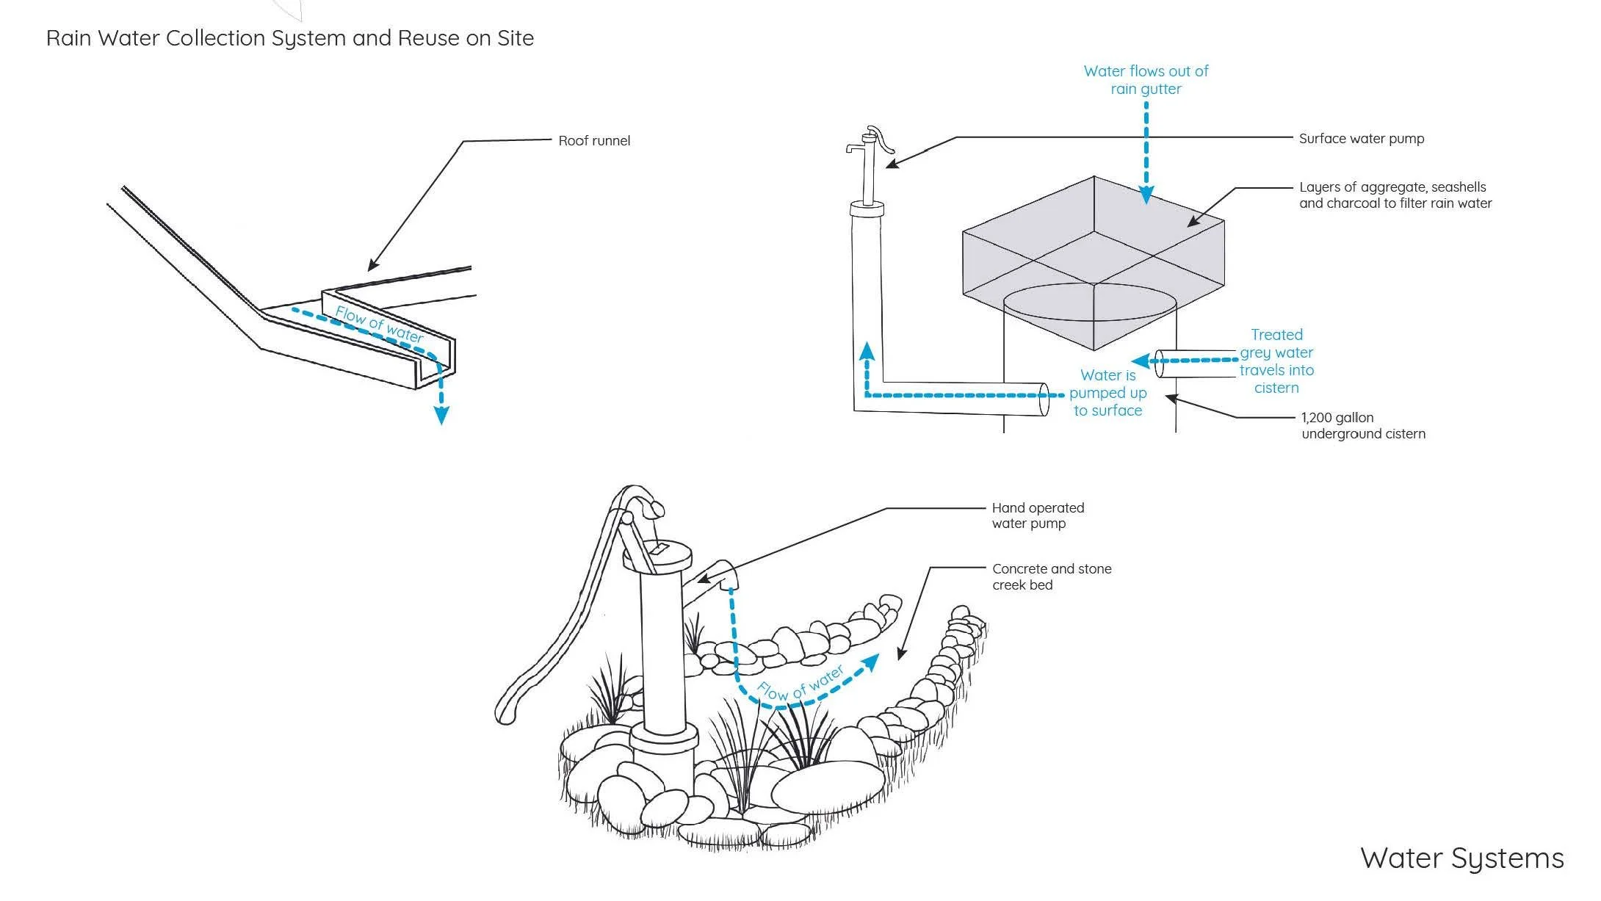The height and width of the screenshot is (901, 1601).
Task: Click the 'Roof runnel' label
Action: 594,140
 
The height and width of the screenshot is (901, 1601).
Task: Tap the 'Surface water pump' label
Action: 1362,139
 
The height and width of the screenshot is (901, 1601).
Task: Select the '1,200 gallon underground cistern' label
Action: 1363,426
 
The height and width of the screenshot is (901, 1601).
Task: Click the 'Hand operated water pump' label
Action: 1038,515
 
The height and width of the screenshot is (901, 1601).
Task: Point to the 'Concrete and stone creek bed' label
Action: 1052,576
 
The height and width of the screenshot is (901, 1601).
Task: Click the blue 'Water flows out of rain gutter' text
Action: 1146,80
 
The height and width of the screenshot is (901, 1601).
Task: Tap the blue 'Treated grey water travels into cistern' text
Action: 1276,361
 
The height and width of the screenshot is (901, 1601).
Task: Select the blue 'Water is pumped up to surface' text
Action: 1107,393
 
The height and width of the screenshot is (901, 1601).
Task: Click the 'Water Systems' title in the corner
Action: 1461,858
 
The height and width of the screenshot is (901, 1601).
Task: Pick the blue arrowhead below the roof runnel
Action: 441,415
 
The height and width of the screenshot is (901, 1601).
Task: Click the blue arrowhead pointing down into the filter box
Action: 1146,195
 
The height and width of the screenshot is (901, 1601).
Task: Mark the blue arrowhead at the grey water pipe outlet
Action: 1141,361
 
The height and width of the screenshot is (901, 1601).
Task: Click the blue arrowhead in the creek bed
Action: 870,662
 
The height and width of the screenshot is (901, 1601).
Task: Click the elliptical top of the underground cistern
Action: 1090,302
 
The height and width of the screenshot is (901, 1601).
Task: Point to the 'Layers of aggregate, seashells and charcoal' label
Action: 1395,195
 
